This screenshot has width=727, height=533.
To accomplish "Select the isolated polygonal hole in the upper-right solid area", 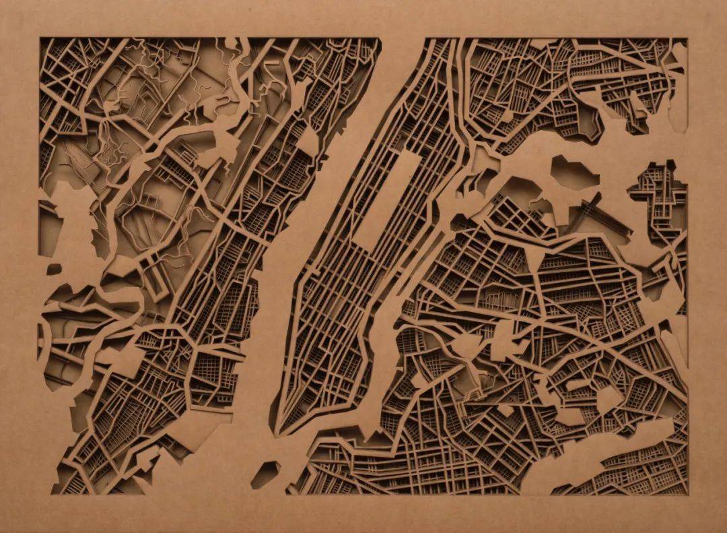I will coord(574,173).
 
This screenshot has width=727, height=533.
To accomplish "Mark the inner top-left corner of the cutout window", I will coord(40,38).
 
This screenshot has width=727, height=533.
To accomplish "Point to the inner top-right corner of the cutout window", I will coord(687,38).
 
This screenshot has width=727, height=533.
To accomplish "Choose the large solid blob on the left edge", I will coord(64,216).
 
